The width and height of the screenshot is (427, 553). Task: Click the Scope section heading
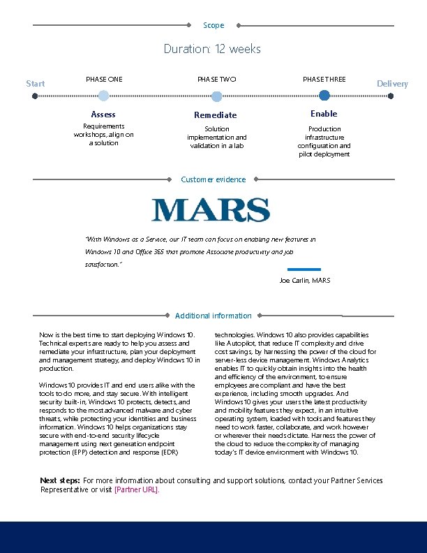[213, 25]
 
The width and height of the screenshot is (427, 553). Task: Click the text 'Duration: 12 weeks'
[212, 49]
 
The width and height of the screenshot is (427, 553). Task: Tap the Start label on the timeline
[35, 84]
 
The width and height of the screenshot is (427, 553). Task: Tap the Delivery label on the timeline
[392, 84]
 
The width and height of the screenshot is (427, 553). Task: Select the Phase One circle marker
[103, 96]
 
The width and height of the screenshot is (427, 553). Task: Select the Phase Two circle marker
[216, 96]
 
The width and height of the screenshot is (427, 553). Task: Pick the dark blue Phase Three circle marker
[324, 96]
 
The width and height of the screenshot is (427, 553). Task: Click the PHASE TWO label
[216, 80]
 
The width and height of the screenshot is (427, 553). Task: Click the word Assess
[103, 115]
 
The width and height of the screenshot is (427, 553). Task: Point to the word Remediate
[216, 115]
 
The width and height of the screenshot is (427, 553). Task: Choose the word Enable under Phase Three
[324, 114]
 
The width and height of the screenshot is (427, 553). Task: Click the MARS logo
[211, 210]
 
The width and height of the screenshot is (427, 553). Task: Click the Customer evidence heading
[213, 179]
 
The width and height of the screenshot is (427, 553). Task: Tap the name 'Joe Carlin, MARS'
[305, 280]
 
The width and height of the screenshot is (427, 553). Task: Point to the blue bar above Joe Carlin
[304, 269]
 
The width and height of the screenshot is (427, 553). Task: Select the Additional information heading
[213, 316]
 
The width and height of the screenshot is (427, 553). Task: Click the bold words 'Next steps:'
[59, 480]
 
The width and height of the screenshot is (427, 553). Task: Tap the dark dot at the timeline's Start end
[35, 96]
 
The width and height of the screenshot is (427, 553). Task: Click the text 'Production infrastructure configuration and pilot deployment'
[324, 142]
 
